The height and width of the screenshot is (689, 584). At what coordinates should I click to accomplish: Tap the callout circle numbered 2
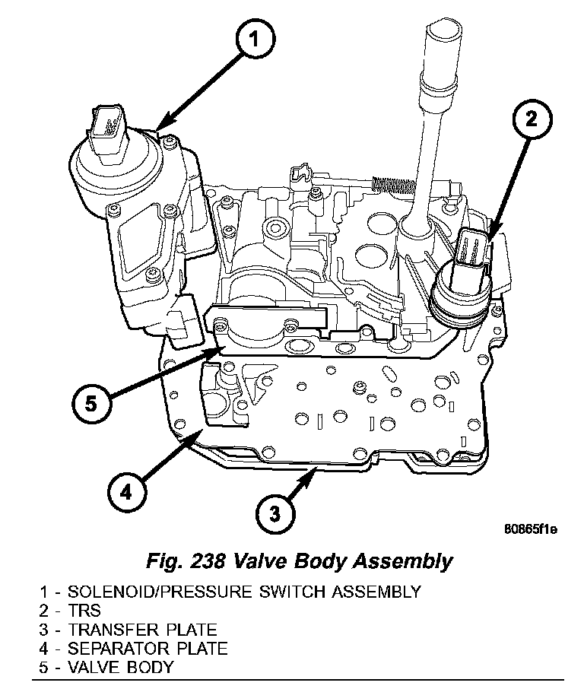click(531, 119)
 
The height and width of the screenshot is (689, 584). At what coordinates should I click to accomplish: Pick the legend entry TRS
click(84, 610)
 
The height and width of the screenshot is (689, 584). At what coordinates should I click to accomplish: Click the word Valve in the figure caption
click(262, 562)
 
